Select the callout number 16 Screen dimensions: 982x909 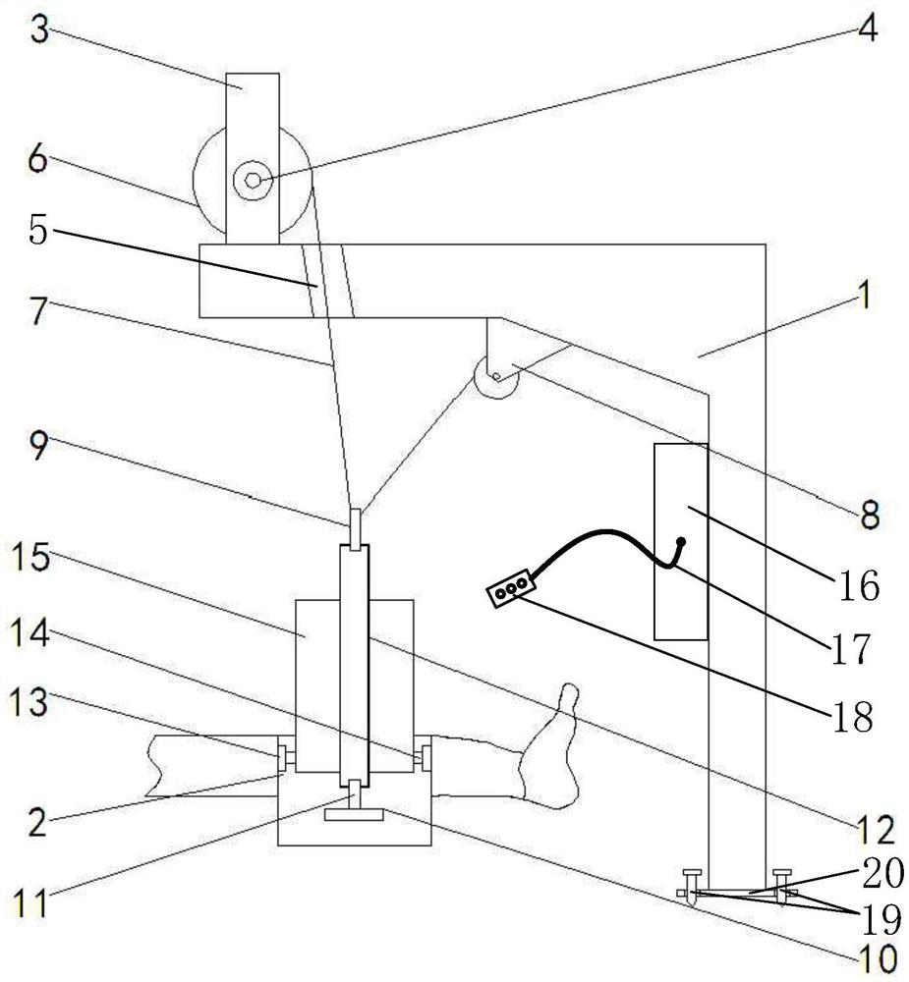pyautogui.click(x=859, y=585)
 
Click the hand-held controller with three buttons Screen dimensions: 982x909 pyautogui.click(x=510, y=590)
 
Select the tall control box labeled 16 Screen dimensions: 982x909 pyautogui.click(x=680, y=540)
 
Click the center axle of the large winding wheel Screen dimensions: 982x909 pyautogui.click(x=253, y=180)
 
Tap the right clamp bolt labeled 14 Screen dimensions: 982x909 pyautogui.click(x=424, y=757)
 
